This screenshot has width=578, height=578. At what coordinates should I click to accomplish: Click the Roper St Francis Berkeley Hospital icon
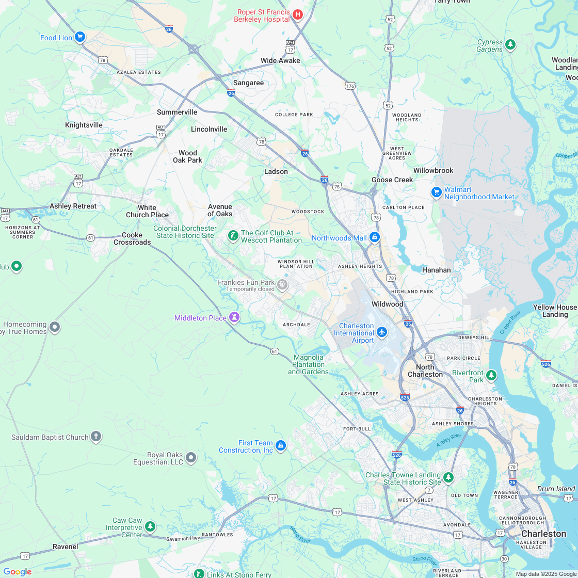tap(297, 14)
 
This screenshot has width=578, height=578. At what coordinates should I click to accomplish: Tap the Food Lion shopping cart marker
tap(79, 37)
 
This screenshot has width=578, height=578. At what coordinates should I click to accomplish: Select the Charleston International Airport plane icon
tap(382, 331)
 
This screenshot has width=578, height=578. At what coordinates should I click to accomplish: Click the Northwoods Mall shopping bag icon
tap(375, 237)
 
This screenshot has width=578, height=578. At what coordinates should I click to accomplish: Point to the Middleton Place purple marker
tap(235, 317)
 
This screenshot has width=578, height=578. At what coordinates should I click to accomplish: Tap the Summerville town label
tap(177, 112)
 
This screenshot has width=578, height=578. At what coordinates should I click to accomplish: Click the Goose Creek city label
tap(392, 180)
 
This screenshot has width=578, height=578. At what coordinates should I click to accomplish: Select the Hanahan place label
tap(436, 270)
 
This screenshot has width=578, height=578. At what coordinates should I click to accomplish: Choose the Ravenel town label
tap(65, 547)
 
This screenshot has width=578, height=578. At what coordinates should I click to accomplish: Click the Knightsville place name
tap(84, 125)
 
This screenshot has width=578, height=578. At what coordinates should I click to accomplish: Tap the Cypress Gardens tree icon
tap(510, 44)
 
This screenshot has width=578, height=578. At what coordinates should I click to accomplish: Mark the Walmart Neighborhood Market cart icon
tap(437, 192)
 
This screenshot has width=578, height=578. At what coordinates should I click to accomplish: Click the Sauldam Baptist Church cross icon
tap(95, 437)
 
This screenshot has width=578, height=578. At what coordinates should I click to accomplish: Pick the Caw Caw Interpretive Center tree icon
tap(150, 526)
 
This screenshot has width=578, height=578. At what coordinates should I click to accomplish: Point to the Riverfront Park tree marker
tap(491, 375)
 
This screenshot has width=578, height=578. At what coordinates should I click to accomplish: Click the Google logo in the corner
tap(18, 571)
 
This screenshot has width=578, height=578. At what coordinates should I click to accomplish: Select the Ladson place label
tap(276, 171)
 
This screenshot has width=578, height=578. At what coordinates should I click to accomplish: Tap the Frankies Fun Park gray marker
tap(282, 284)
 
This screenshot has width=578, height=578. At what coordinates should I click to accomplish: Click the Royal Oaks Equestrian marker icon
tap(191, 457)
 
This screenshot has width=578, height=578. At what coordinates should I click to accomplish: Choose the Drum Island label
tap(556, 489)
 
